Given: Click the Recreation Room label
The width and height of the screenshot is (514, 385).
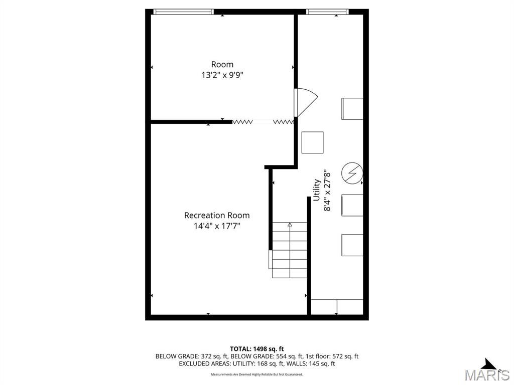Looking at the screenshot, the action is (217, 216).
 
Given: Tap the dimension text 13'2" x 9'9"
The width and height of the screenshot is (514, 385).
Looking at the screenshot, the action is (222, 75).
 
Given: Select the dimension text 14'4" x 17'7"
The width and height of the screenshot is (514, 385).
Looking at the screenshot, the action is (217, 226).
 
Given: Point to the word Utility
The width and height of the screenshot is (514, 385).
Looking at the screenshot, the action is (317, 189).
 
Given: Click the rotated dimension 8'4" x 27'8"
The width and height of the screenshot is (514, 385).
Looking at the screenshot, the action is (327, 190).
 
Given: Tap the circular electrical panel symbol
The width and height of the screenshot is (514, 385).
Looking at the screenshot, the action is (352, 173).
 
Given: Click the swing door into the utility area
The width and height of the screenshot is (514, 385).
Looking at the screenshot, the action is (305, 102).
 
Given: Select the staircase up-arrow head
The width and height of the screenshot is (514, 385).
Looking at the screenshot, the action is (290, 225).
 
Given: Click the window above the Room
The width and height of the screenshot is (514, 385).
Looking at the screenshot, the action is (184, 12).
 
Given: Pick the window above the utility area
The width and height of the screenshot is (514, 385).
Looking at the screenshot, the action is (327, 12).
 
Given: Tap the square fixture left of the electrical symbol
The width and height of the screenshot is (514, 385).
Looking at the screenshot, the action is (312, 142).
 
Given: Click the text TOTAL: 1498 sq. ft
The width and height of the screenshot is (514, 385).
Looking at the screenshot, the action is (256, 349).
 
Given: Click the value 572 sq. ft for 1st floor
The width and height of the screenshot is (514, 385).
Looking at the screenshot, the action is (345, 356).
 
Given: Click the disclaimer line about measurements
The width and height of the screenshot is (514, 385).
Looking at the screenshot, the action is (256, 374).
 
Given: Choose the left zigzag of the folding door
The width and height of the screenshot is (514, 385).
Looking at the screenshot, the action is (242, 122).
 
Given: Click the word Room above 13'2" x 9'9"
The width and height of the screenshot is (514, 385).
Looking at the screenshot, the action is (222, 64).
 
